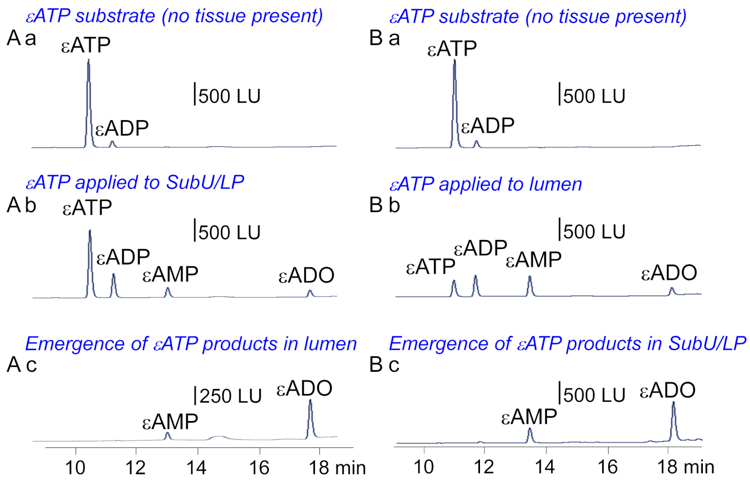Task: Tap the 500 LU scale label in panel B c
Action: pos(594,395)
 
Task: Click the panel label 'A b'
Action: pos(21,205)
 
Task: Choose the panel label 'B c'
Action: pos(385,365)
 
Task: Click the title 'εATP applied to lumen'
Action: pos(485,184)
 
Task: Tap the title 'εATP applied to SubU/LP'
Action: pos(134,182)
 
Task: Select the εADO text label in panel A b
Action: pos(306,276)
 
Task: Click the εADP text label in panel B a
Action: pos(487,126)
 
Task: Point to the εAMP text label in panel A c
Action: pos(170,422)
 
